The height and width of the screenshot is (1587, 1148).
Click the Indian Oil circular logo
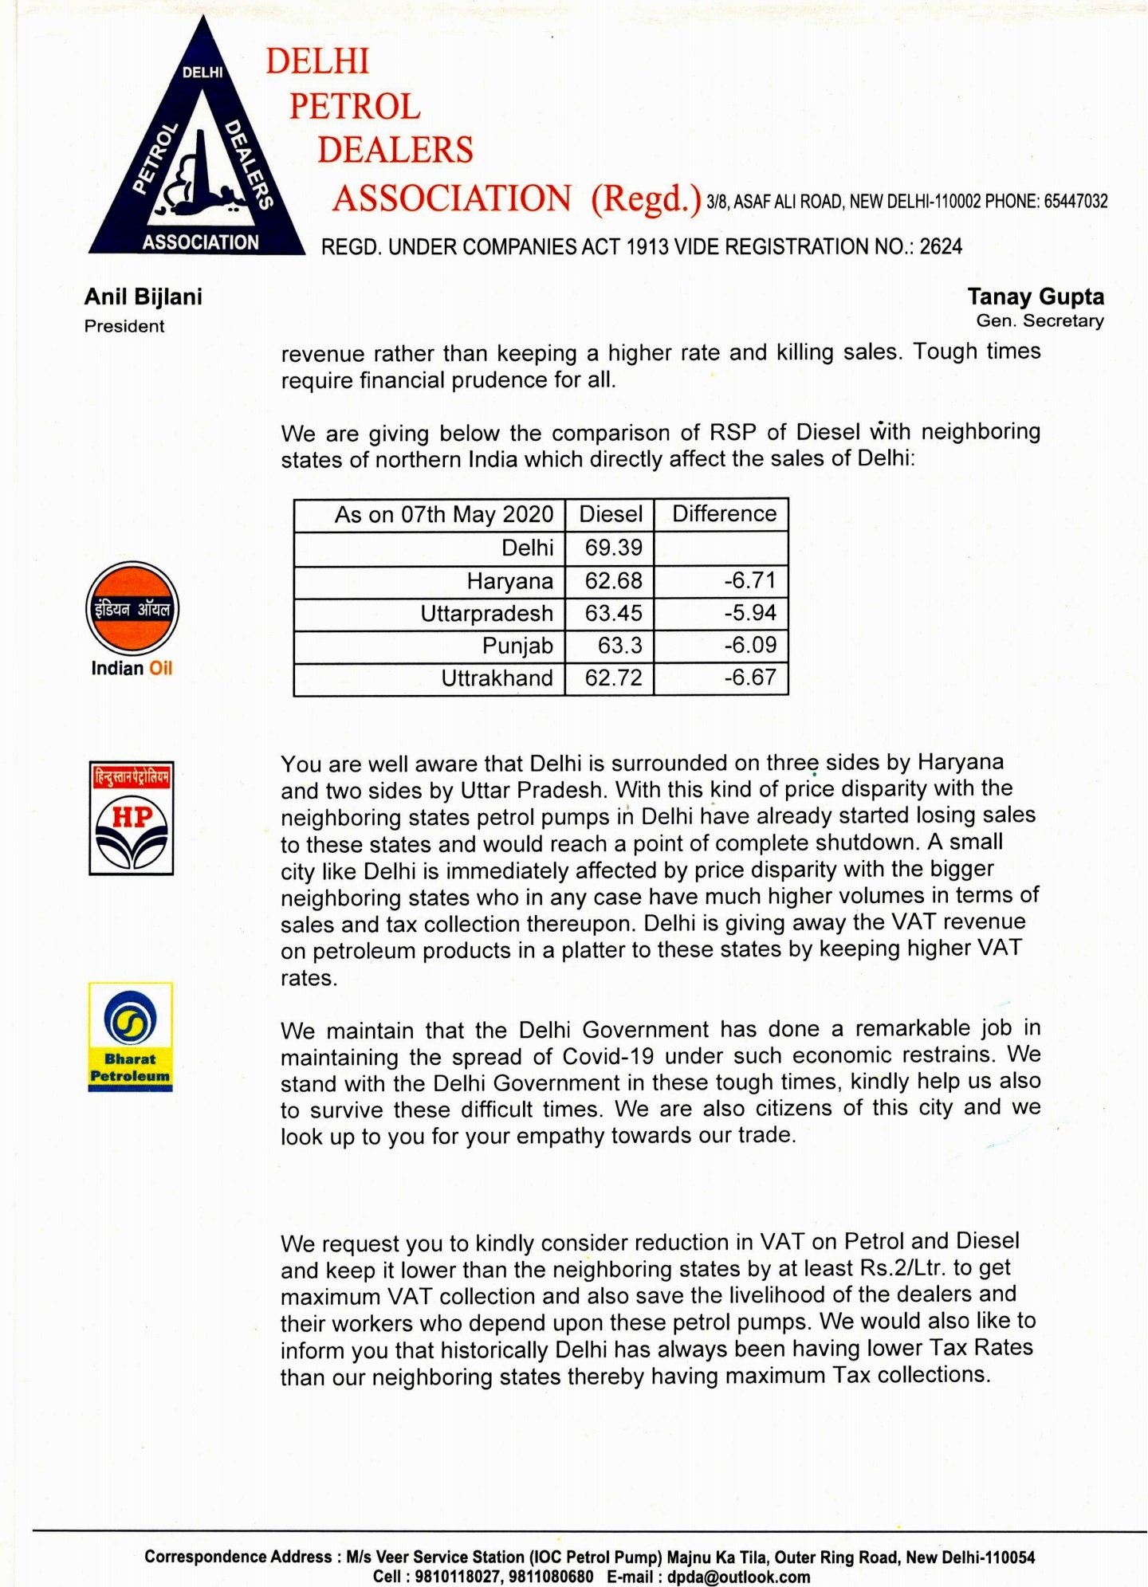tap(132, 610)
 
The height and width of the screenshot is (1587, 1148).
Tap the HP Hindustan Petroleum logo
tap(132, 818)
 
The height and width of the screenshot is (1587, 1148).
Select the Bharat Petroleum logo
tap(131, 1036)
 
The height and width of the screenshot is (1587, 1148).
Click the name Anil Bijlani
tap(143, 297)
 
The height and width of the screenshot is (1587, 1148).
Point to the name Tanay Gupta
tap(1036, 297)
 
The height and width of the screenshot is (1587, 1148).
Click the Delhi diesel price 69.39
tap(613, 548)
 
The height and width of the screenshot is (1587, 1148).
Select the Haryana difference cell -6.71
tap(749, 580)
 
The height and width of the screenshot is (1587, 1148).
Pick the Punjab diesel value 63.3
tap(619, 646)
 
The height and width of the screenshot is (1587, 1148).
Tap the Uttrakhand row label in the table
tap(497, 678)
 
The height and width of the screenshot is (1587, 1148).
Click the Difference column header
tap(724, 514)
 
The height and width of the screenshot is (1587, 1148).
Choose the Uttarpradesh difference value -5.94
tap(749, 613)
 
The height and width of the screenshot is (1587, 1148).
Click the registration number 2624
tap(941, 247)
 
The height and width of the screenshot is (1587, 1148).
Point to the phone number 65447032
tap(1075, 202)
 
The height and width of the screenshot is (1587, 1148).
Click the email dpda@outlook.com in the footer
tap(738, 1577)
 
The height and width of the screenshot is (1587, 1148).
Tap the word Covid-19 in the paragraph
tap(608, 1057)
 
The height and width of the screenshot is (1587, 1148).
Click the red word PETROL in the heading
tap(355, 107)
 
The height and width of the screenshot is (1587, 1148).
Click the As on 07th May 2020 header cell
tap(443, 515)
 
